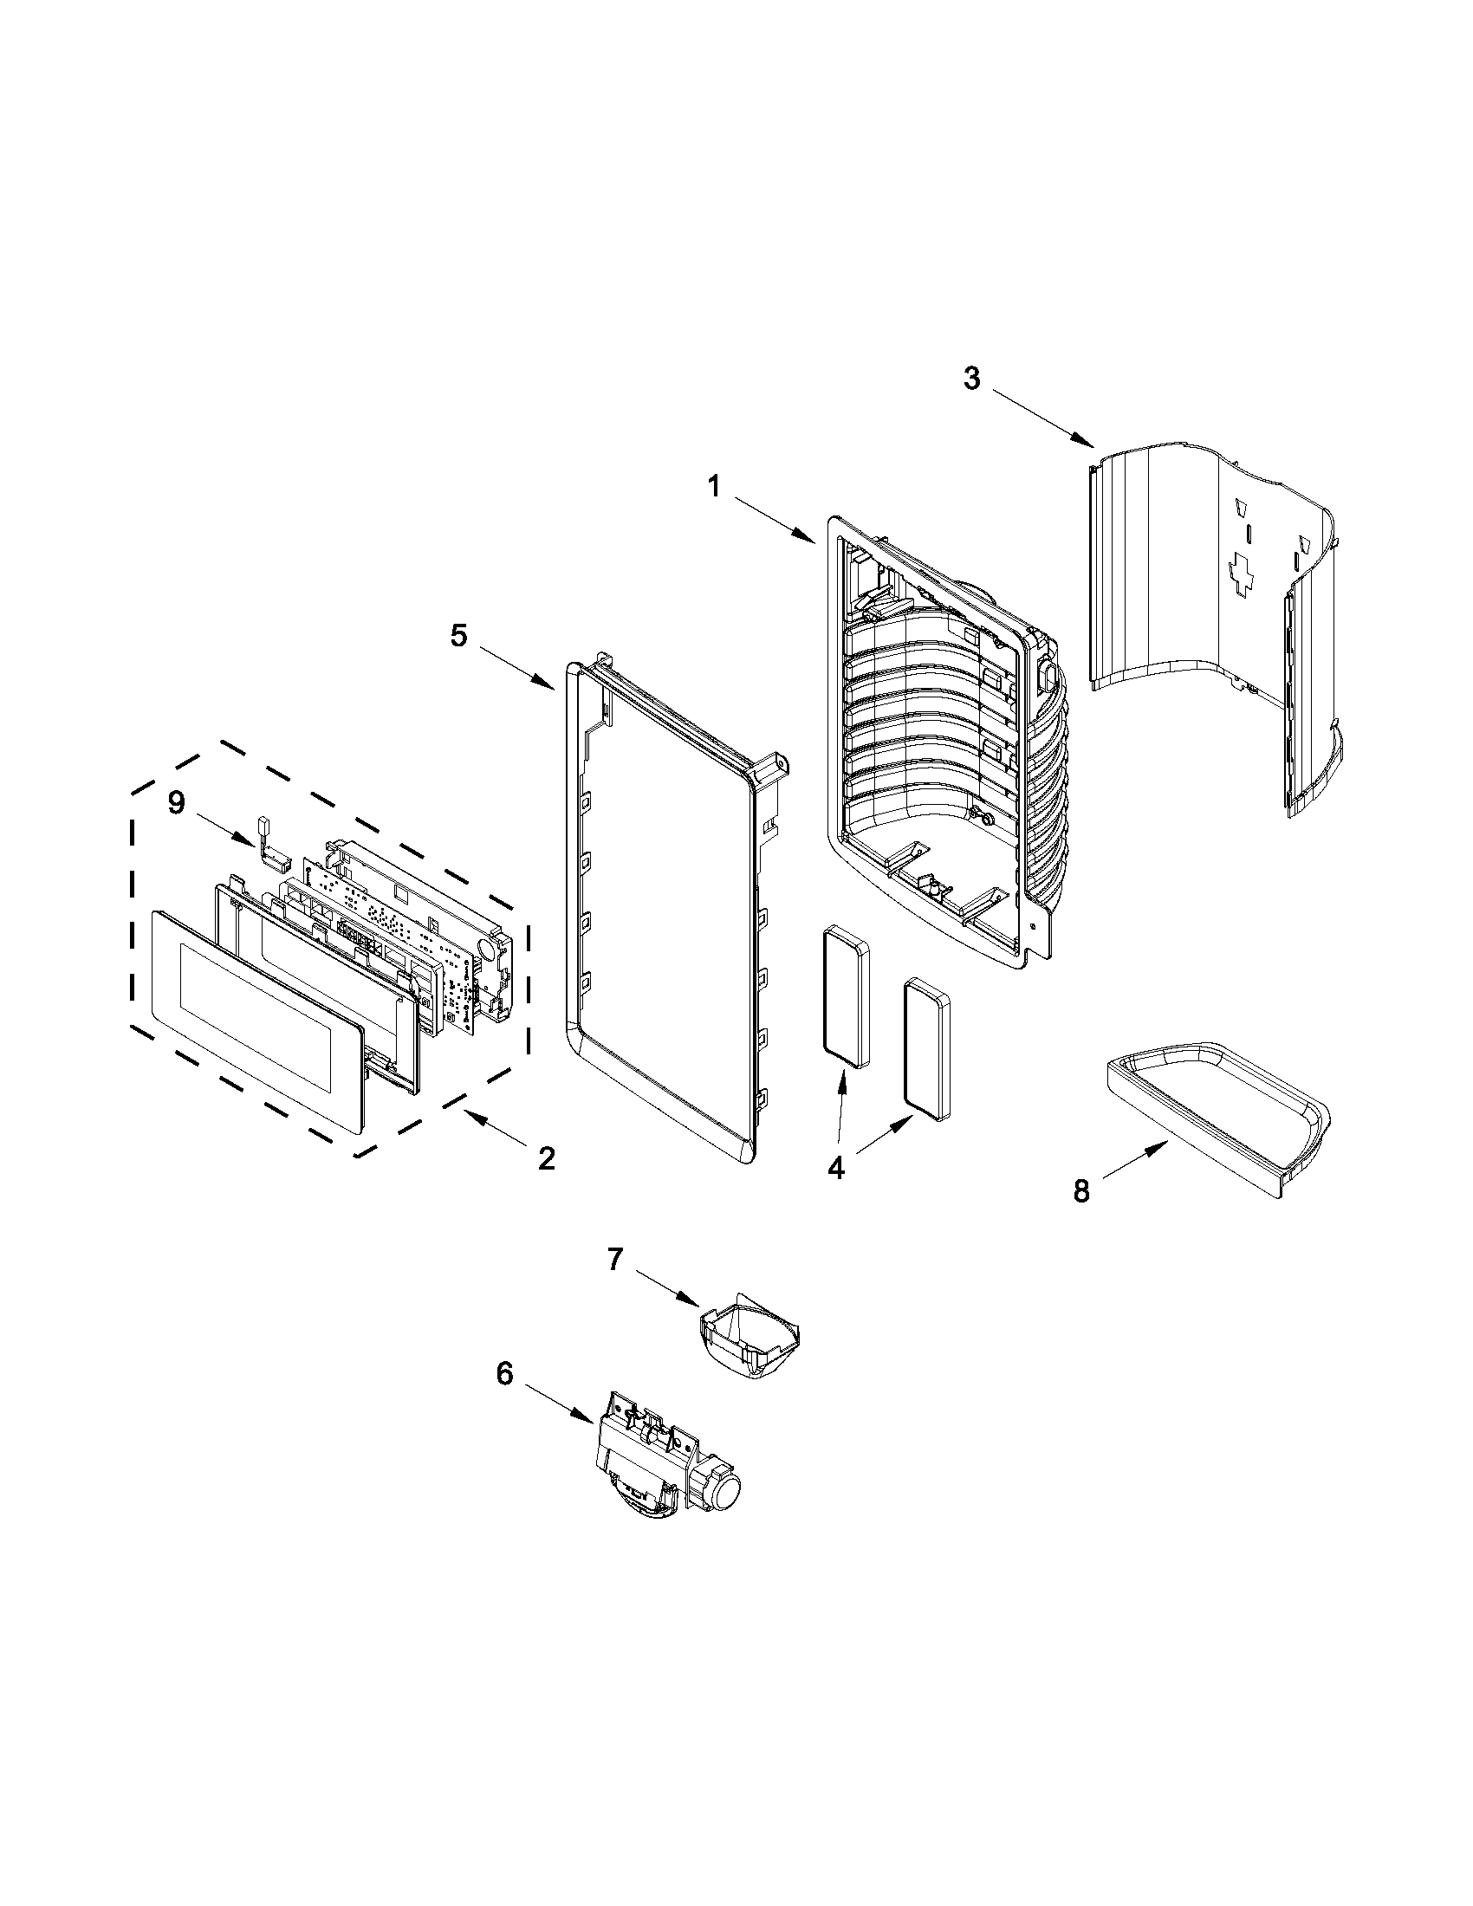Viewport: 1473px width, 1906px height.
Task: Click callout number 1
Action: pos(714,486)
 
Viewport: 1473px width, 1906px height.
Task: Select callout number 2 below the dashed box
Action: pos(546,1158)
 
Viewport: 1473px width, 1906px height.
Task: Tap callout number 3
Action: pos(971,379)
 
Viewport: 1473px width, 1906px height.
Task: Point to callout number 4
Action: pos(836,1169)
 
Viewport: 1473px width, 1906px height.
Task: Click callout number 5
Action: pos(458,635)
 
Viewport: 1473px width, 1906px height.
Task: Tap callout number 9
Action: pos(176,803)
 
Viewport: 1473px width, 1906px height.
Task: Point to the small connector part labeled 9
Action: pos(272,846)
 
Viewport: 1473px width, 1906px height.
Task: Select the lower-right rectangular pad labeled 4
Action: pos(928,1047)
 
